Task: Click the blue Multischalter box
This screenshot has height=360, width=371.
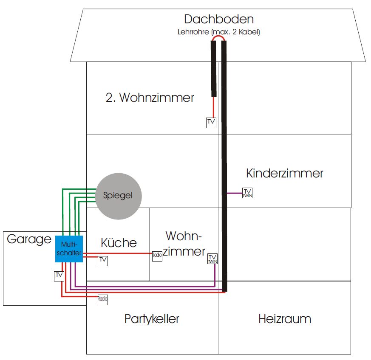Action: coord(68,248)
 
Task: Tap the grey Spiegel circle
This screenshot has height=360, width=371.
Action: coord(118,196)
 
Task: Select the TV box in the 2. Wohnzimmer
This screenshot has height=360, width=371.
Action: coord(211,122)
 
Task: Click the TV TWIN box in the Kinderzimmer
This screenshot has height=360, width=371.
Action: coord(247,193)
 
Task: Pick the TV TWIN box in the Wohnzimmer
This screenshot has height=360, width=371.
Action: coord(213,259)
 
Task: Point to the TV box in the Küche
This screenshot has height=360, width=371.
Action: coord(103,261)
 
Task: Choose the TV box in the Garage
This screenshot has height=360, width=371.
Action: coord(59,276)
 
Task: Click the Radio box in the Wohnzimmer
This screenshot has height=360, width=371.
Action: coord(157,256)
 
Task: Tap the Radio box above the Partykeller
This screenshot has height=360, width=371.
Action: coord(103,299)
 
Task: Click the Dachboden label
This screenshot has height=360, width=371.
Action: coord(218,19)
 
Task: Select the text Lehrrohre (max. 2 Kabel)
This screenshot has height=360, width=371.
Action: coord(218,32)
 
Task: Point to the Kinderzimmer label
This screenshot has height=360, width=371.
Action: coord(284,173)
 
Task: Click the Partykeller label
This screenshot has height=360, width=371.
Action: coord(152,319)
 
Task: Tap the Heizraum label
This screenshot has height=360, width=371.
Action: coord(284,319)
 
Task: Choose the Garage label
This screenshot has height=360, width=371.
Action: coord(29,239)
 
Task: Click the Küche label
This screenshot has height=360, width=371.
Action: coord(119,243)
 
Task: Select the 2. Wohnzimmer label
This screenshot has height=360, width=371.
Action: coord(150,98)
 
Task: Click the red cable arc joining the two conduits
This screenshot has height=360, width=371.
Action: coord(218,37)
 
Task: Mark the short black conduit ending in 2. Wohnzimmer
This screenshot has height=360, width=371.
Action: coord(214,68)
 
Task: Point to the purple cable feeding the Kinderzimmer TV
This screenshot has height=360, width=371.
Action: coord(234,193)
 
